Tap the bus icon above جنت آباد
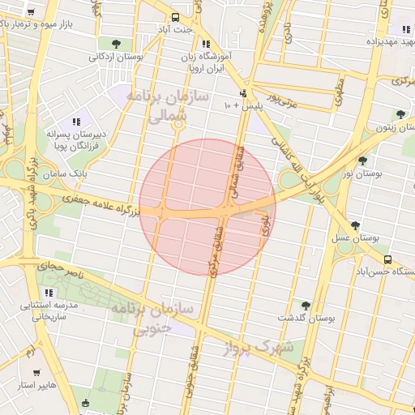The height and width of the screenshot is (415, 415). (176, 17)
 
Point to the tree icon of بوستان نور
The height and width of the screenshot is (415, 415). (362, 160)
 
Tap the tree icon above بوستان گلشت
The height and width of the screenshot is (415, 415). (306, 306)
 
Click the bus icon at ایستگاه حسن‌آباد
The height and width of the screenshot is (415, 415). (387, 260)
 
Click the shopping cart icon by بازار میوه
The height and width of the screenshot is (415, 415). (31, 12)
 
